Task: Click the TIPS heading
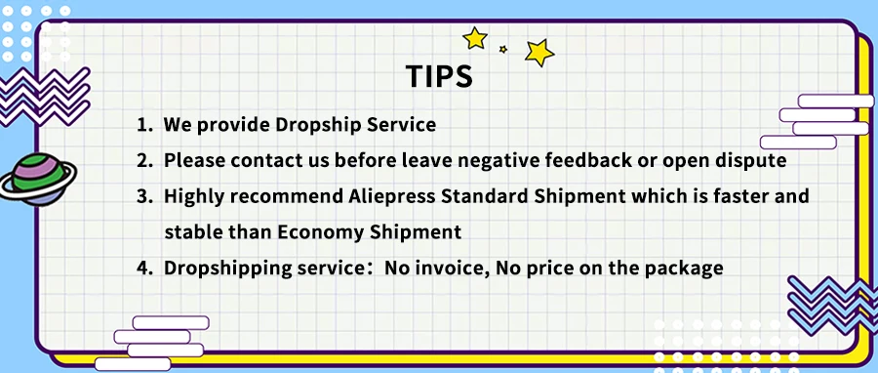pyautogui.click(x=439, y=76)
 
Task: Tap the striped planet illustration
pyautogui.click(x=38, y=180)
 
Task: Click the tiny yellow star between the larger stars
pyautogui.click(x=502, y=49)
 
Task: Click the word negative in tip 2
pyautogui.click(x=493, y=161)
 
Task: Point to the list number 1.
pyautogui.click(x=144, y=125)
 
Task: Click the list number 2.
pyautogui.click(x=144, y=161)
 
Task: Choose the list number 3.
pyautogui.click(x=144, y=196)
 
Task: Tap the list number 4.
pyautogui.click(x=144, y=268)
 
